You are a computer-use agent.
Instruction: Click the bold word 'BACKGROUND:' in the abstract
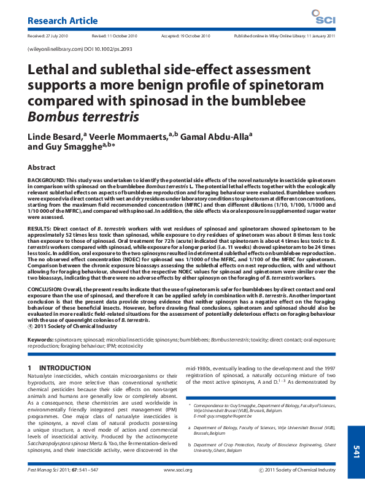48,179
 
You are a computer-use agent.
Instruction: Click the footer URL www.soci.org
179,470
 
